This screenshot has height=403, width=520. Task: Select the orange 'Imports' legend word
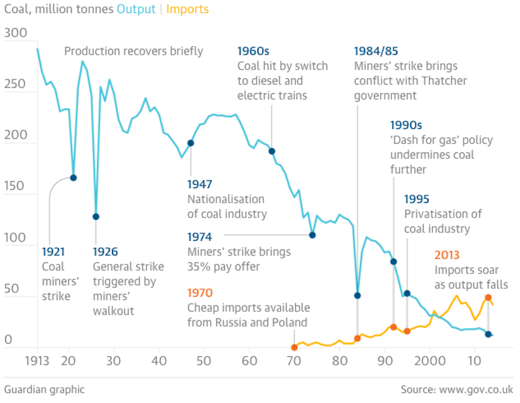point(188,10)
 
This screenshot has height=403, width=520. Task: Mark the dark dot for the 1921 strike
point(73,178)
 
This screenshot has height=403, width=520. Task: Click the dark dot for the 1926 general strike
point(96,217)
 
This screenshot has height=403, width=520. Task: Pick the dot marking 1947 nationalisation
point(190,143)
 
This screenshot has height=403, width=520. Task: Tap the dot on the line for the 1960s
point(272,151)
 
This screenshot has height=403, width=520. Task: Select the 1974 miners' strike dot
point(312,235)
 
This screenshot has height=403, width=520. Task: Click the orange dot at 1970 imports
point(294,347)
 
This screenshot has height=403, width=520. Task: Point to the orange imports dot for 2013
point(488,298)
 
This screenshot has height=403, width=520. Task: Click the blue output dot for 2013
point(488,334)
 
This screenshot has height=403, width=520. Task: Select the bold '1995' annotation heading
point(417,199)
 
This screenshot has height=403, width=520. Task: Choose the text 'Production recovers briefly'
point(134,51)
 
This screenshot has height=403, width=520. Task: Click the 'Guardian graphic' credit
point(44,389)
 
